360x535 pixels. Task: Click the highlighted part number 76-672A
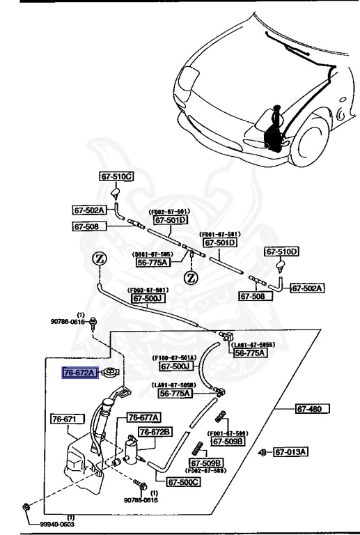click(79, 373)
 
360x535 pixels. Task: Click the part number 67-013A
click(292, 452)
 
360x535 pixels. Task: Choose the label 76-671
click(68, 419)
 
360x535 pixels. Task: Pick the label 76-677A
click(143, 417)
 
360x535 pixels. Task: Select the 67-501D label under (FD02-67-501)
click(171, 220)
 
